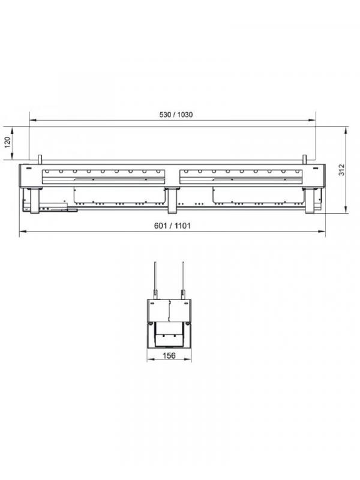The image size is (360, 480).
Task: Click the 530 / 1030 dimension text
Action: pyautogui.click(x=176, y=115)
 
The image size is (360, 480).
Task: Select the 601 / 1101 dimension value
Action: pyautogui.click(x=172, y=226)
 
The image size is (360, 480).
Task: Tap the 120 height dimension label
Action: pyautogui.click(x=7, y=142)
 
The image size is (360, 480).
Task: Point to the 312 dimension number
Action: pyautogui.click(x=341, y=170)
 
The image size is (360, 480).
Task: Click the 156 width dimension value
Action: pyautogui.click(x=169, y=355)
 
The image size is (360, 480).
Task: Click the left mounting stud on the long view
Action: pyautogui.click(x=40, y=160)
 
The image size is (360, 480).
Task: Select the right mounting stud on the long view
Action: pyautogui.click(x=304, y=160)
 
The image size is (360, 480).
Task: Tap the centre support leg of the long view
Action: pyautogui.click(x=172, y=200)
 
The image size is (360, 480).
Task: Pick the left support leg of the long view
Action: pyautogui.click(x=35, y=200)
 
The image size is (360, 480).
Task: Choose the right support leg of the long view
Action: pyautogui.click(x=310, y=200)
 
